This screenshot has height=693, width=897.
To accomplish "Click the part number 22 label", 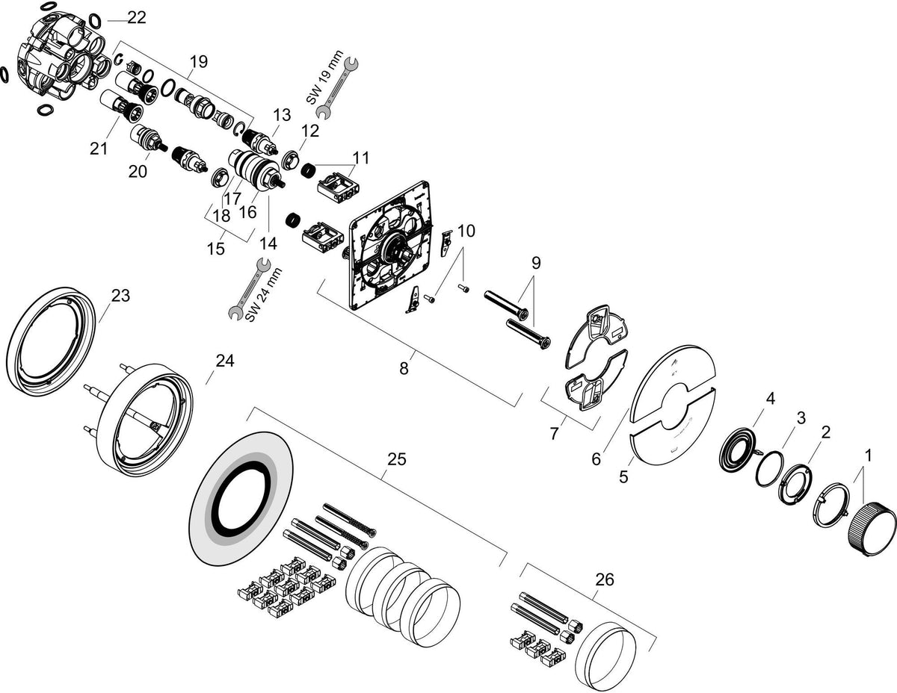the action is click(137, 18).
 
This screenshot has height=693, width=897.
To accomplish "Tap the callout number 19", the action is click(199, 62).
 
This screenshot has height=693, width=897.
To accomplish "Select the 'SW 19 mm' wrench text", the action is click(325, 77).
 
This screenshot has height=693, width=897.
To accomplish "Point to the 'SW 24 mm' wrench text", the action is click(264, 294).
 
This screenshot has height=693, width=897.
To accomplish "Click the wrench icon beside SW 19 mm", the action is click(337, 88).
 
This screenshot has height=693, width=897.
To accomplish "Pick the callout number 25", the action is click(397, 459).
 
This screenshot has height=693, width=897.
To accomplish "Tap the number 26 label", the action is click(604, 580).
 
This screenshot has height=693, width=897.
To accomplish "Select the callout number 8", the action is click(404, 368).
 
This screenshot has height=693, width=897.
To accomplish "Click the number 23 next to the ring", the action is click(120, 295).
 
